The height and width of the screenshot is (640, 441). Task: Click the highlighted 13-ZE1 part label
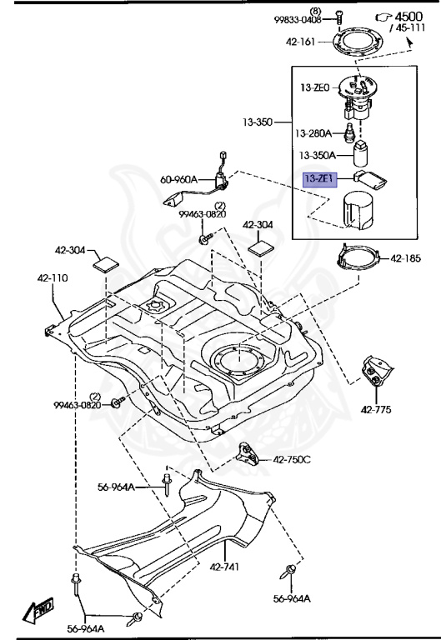pos(320,179)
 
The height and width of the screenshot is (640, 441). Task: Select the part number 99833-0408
pos(298,20)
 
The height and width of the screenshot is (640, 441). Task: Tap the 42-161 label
pos(301,42)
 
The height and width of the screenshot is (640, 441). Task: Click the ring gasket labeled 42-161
pos(358,42)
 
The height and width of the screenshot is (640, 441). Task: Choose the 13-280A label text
pos(313,133)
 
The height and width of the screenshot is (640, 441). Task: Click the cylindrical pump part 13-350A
pos(360,153)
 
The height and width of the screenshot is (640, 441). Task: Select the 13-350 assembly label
pos(258,122)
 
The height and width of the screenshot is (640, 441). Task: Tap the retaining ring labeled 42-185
pos(358,258)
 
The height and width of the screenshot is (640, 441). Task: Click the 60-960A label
pos(178,179)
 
